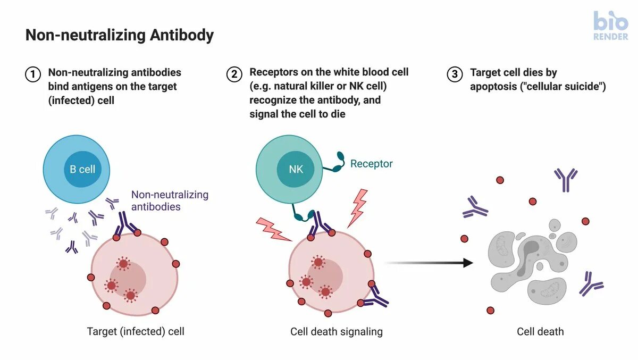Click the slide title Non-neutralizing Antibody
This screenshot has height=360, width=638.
(120, 36)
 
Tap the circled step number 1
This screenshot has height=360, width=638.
(33, 74)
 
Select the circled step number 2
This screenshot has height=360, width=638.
(234, 74)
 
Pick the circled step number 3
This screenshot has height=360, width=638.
(455, 74)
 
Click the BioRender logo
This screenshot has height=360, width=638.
(610, 26)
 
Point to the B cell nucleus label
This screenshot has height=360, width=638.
(82, 170)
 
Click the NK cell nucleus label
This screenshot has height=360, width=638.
(296, 170)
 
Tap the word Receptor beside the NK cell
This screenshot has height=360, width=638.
(371, 164)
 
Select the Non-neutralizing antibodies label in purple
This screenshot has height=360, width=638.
(169, 200)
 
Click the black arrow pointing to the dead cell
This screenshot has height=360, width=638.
(428, 263)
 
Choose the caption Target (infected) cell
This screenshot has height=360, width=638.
(136, 331)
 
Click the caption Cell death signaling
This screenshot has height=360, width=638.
(336, 331)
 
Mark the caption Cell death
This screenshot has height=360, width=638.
(540, 331)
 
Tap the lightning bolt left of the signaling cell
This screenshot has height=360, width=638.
(273, 229)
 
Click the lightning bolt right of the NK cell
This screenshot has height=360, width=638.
(357, 207)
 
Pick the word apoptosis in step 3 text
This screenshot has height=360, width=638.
(493, 86)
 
